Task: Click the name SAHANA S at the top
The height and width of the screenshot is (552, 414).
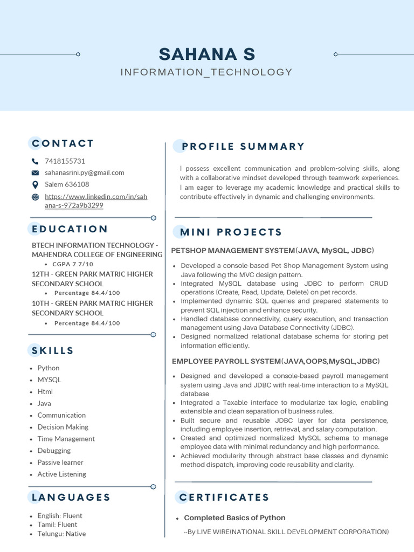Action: point(207,54)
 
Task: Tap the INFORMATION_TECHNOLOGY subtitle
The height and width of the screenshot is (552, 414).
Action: point(206,72)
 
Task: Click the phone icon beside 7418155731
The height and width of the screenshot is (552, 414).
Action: point(36,161)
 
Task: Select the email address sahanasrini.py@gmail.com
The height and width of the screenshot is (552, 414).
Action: point(85,172)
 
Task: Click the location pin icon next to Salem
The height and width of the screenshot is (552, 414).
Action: point(36,184)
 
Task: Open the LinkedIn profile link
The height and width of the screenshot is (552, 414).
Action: point(95,201)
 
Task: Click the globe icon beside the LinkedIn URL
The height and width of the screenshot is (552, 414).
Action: point(36,197)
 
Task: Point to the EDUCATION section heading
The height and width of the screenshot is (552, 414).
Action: point(70,229)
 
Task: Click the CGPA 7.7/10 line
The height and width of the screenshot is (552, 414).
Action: point(73,264)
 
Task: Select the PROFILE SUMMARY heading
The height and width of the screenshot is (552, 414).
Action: point(243,147)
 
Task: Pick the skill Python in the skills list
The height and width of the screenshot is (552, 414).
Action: point(49,368)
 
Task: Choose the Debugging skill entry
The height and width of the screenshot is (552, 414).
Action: point(54,451)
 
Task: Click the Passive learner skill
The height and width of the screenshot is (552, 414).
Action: point(60,463)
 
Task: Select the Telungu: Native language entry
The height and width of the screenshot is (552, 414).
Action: point(61,534)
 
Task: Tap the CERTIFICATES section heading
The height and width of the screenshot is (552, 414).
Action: point(224,497)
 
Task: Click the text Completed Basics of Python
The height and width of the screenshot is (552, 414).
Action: point(234,518)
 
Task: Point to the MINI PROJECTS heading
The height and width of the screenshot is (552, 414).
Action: point(231,232)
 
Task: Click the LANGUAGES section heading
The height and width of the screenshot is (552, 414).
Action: point(71,497)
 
